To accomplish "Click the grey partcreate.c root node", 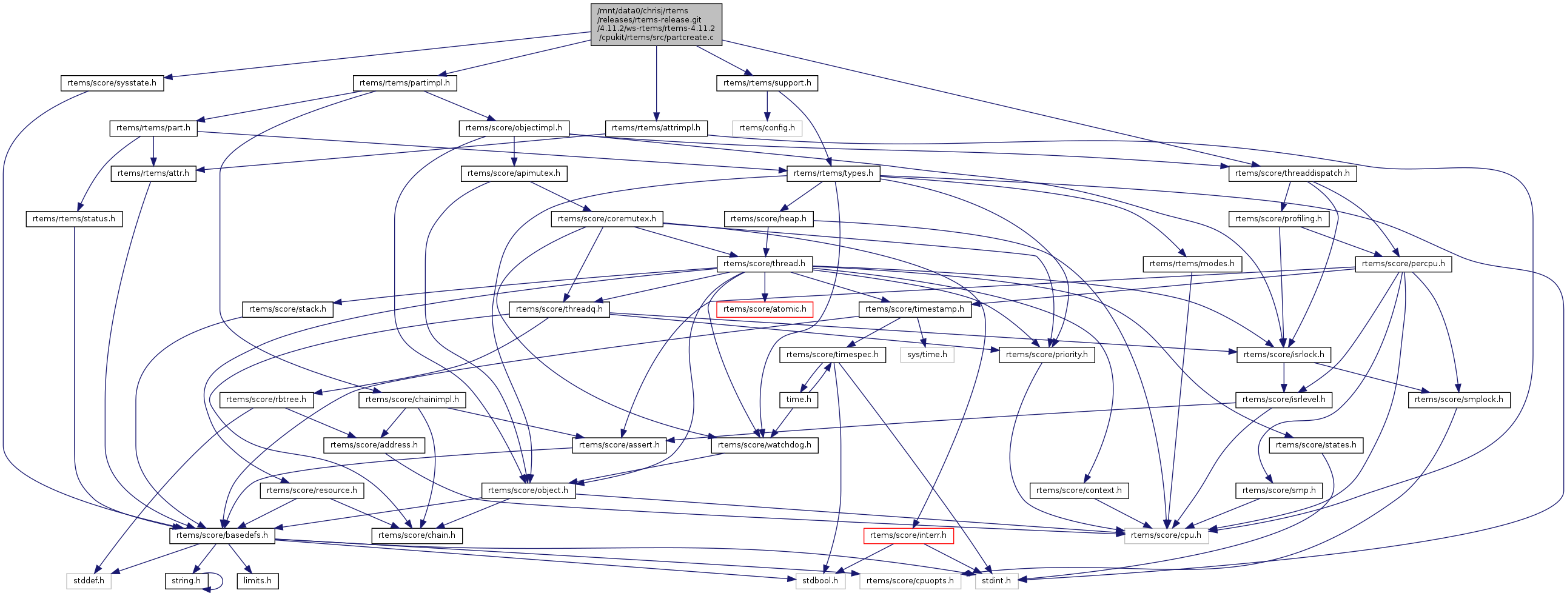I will click(x=656, y=24).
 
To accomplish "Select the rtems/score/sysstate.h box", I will click(x=112, y=82).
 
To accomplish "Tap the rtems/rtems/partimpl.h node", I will click(x=404, y=82).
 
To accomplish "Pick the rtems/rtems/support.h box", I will click(x=767, y=82).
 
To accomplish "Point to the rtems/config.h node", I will click(x=767, y=128).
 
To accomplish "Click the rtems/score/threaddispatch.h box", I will click(x=1292, y=173).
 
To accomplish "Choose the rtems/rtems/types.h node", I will click(x=833, y=173).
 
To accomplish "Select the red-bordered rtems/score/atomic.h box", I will click(x=765, y=309).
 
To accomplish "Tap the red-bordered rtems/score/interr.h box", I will click(x=908, y=535).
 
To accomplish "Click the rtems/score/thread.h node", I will click(x=765, y=264).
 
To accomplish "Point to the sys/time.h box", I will click(x=927, y=355).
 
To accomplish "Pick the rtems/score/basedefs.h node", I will click(x=222, y=535).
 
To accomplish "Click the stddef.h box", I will click(x=89, y=580).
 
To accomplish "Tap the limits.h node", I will click(x=258, y=580).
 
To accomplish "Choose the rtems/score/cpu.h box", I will click(x=1167, y=535).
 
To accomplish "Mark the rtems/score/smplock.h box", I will click(x=1458, y=400).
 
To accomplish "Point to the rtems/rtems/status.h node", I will click(x=73, y=218).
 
